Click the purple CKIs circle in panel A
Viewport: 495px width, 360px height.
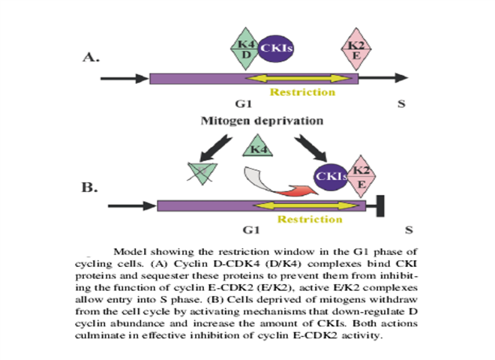[276, 48]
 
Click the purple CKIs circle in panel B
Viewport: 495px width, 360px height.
[331, 177]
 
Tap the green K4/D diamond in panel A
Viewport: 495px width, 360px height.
[245, 49]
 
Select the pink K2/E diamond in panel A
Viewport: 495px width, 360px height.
[356, 49]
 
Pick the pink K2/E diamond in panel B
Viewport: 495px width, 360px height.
[361, 176]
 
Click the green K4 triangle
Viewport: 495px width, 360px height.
[257, 145]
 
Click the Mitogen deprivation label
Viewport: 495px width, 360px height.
[262, 121]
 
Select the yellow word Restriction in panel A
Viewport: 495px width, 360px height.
[302, 92]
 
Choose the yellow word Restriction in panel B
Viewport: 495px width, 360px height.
[310, 219]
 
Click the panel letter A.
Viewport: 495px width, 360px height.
[91, 57]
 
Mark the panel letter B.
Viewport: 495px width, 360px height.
[90, 187]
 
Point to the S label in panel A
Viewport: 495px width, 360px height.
[401, 103]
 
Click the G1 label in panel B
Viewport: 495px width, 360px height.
[251, 230]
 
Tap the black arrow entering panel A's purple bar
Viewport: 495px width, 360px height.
[124, 79]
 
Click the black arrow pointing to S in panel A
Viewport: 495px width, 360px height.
[383, 78]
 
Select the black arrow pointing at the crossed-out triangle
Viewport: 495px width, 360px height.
[216, 148]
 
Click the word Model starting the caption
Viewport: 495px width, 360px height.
[130, 252]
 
